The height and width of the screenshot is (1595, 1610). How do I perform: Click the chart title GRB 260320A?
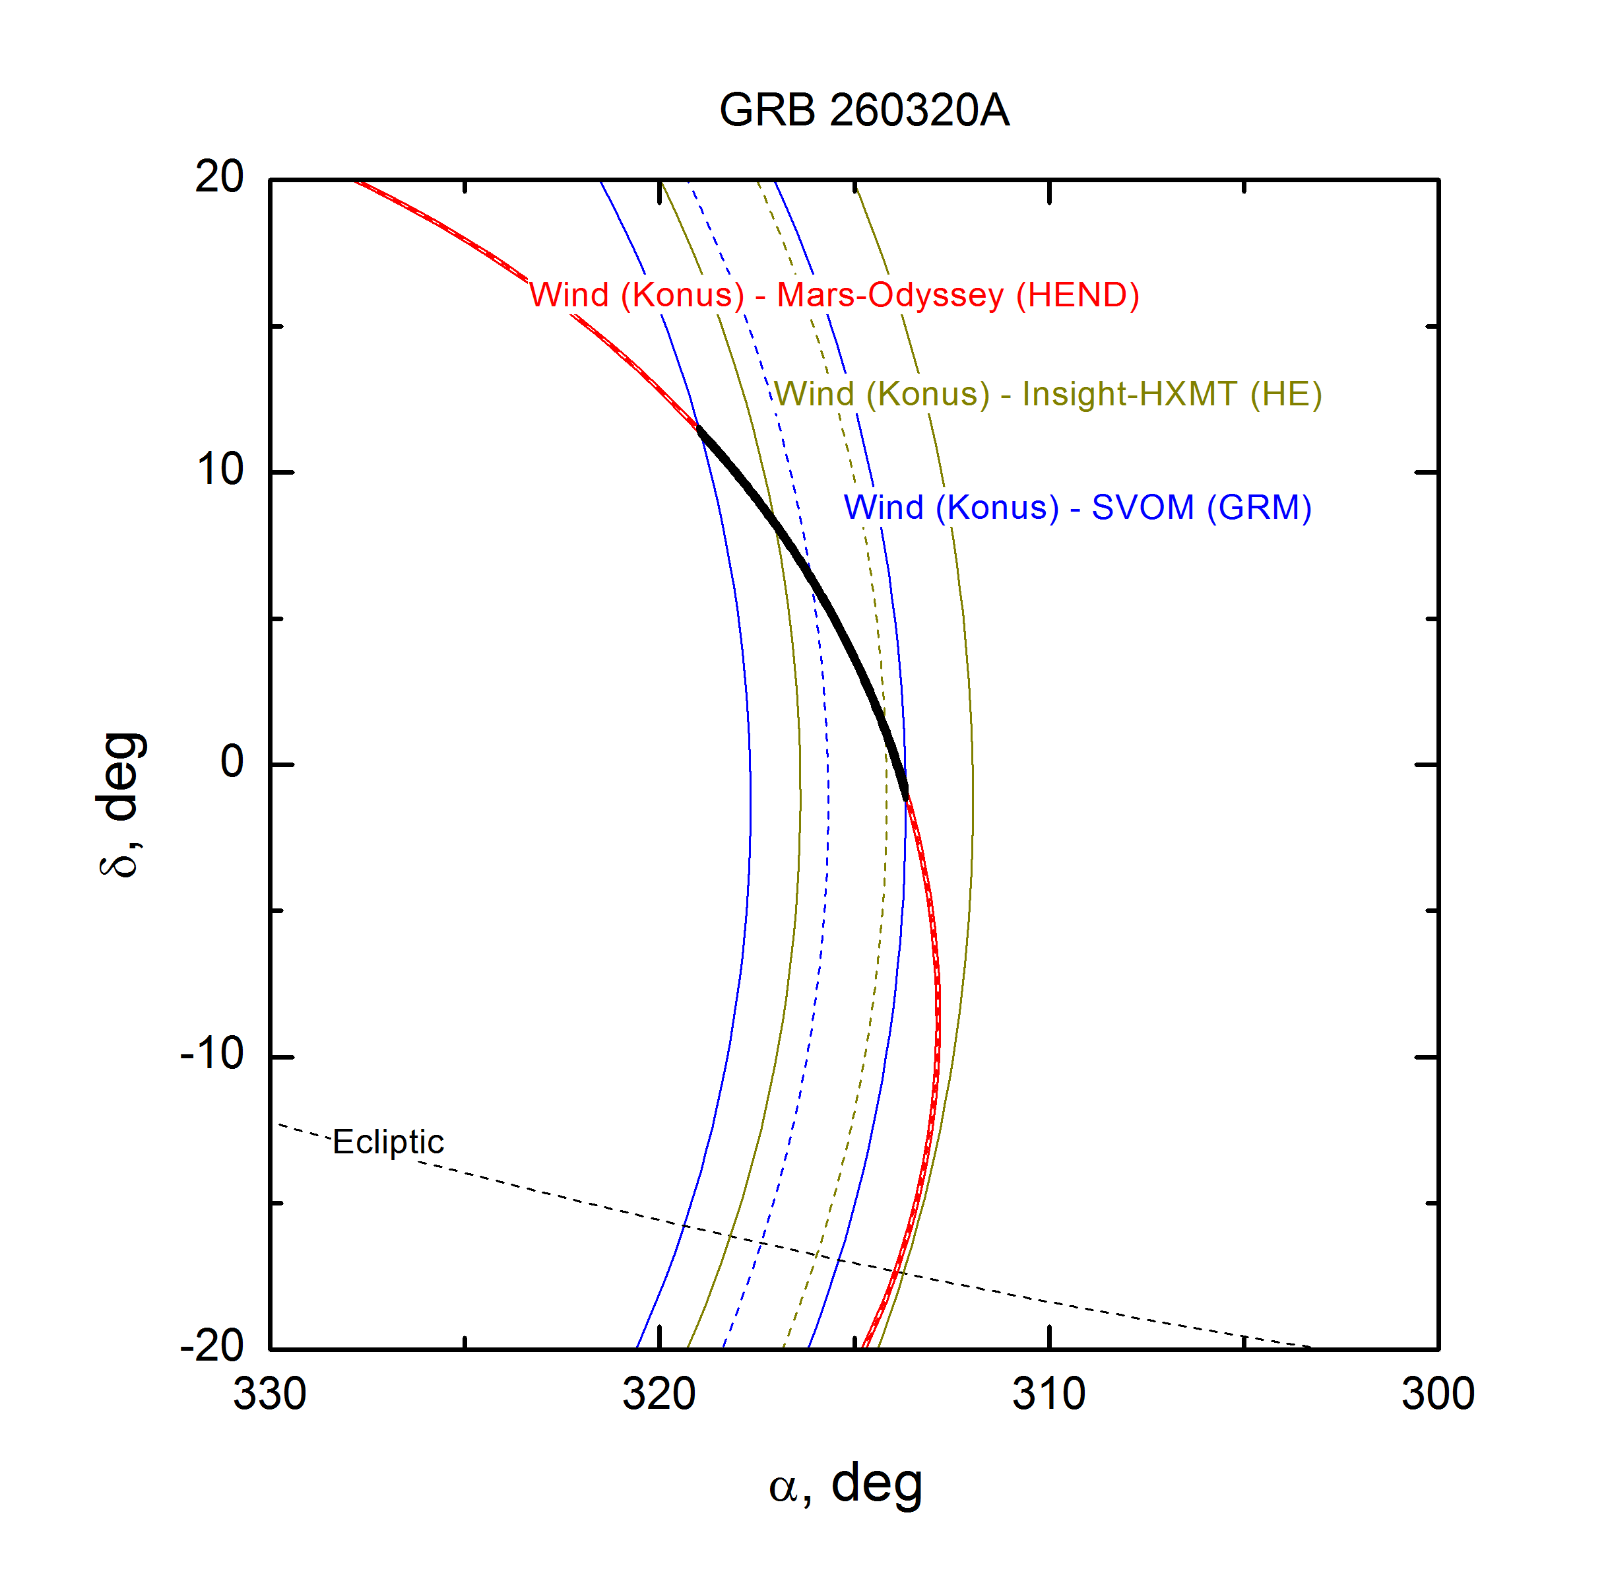(864, 110)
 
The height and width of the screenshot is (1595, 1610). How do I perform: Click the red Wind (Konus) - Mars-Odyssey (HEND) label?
(834, 295)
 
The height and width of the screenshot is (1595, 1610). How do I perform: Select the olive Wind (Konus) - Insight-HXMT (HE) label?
(1048, 394)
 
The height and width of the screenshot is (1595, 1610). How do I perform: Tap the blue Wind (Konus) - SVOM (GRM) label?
(1078, 508)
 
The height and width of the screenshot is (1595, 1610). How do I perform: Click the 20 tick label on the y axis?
(219, 178)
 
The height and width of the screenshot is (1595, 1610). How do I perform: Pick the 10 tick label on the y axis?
(220, 470)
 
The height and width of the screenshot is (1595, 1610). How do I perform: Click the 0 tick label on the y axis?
(232, 762)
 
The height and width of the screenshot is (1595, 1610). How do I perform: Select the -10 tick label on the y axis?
(212, 1055)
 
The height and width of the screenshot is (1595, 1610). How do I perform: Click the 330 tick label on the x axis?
(269, 1394)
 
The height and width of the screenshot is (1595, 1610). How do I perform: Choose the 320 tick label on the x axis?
(659, 1394)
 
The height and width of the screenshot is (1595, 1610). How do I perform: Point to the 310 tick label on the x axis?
(1048, 1394)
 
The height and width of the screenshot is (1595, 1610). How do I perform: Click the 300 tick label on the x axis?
(1438, 1394)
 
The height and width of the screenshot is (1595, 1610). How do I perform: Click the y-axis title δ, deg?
(119, 805)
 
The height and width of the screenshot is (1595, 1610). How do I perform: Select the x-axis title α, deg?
(845, 1485)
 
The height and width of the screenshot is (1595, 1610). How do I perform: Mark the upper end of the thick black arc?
(698, 428)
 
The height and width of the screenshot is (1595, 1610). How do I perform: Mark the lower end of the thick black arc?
(905, 798)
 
